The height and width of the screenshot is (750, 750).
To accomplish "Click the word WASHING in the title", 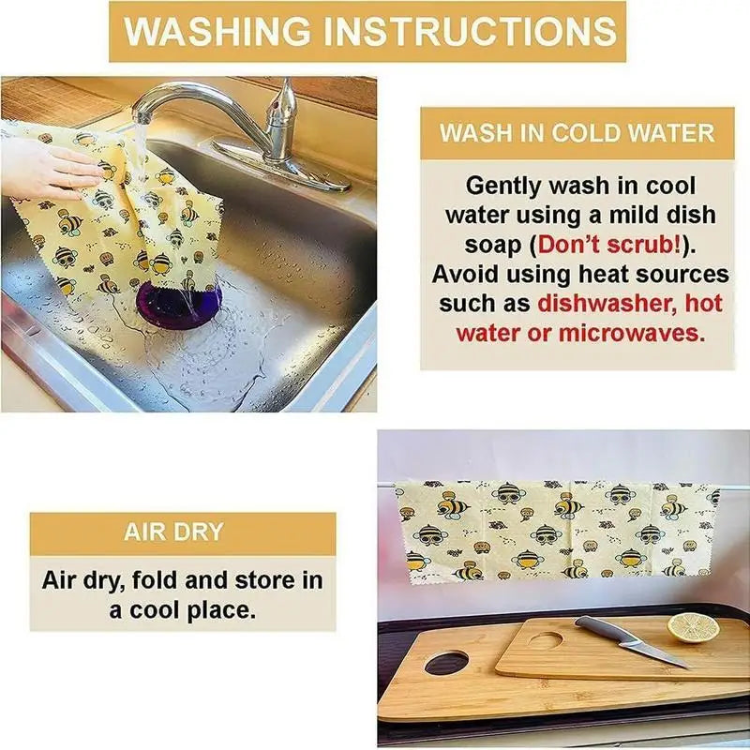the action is (x=217, y=31).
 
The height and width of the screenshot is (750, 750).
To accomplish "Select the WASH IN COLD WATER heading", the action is (x=577, y=132).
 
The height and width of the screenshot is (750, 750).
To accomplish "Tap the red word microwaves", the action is (x=632, y=333).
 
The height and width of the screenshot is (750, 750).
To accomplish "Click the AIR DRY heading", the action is (x=173, y=532).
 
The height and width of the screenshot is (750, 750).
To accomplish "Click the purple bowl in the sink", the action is (x=178, y=306).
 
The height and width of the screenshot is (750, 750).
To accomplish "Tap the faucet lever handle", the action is (x=281, y=113).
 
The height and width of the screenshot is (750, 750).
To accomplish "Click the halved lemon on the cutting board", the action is (x=693, y=627).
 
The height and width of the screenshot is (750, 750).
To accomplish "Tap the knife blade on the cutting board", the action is (x=655, y=651).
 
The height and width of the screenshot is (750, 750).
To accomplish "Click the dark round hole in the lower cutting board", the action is (x=447, y=663).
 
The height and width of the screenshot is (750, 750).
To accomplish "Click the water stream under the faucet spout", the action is (x=140, y=148).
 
